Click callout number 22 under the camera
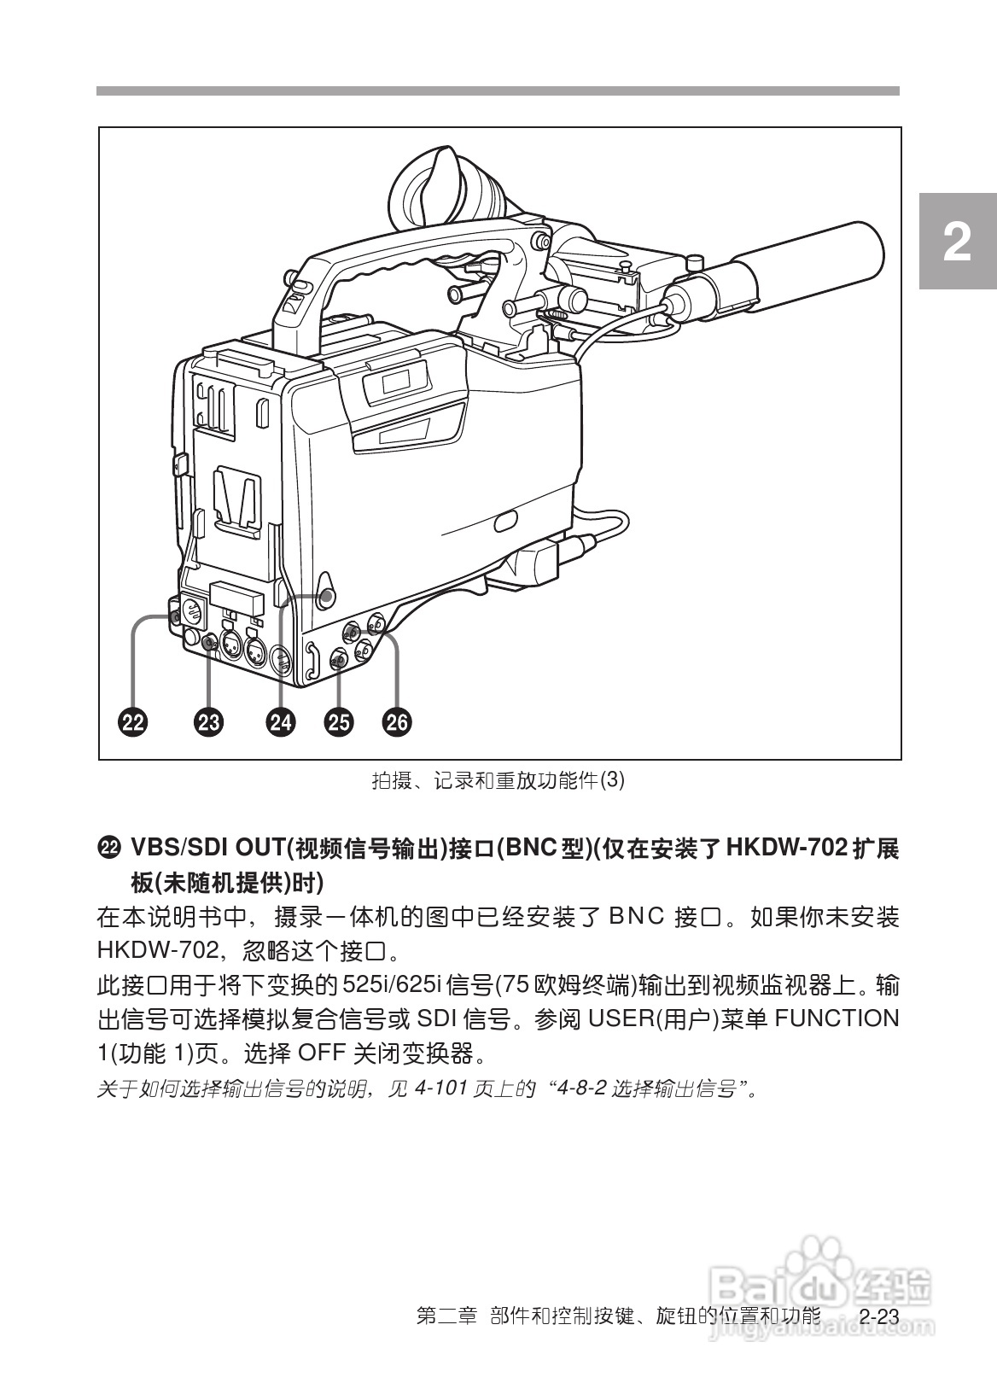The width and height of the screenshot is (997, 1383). click(132, 722)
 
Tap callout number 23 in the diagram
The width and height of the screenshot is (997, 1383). click(208, 722)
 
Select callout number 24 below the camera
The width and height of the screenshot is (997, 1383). click(280, 722)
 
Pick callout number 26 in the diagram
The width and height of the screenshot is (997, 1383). click(397, 722)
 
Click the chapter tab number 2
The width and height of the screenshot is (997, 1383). click(958, 243)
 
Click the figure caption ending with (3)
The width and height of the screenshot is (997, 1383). click(499, 780)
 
